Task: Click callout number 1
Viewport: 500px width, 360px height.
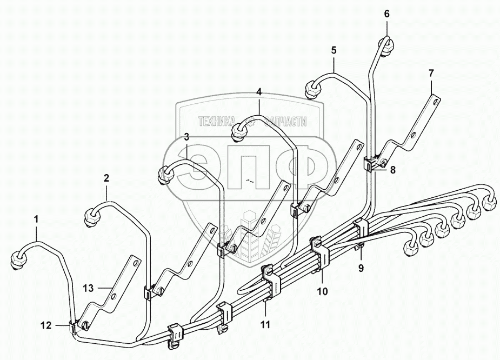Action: (36, 219)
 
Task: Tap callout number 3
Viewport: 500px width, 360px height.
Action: (186, 137)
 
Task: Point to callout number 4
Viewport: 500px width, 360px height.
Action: (259, 92)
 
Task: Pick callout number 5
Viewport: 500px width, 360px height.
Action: (334, 50)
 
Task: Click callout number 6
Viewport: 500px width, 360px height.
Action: (387, 14)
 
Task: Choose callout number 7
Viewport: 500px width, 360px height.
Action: (431, 72)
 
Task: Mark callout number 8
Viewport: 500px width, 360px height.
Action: (393, 170)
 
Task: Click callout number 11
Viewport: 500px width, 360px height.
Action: (265, 325)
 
